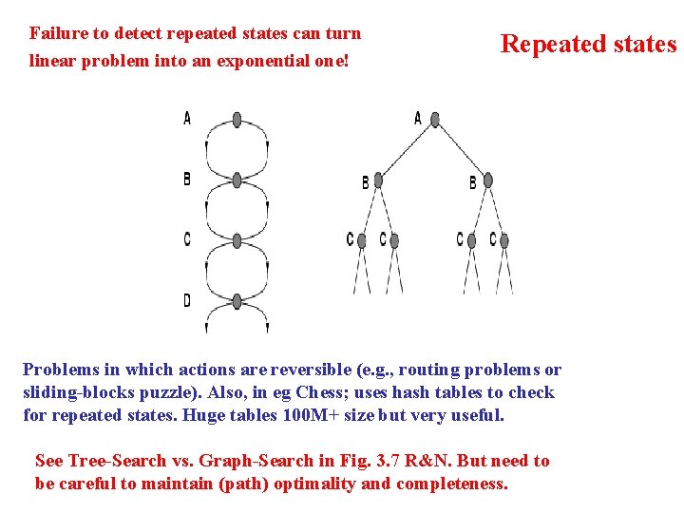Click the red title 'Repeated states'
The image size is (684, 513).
pyautogui.click(x=588, y=45)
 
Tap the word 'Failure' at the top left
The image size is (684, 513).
pyautogui.click(x=56, y=33)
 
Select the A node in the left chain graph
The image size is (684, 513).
pyautogui.click(x=237, y=120)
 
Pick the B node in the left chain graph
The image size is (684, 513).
pyautogui.click(x=237, y=180)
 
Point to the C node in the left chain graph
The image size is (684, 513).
pyautogui.click(x=237, y=239)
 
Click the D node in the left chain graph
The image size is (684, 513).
pyautogui.click(x=237, y=301)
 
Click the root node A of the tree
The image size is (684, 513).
pyautogui.click(x=435, y=120)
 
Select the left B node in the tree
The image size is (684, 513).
pyautogui.click(x=378, y=180)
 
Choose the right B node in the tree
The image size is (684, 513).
pyautogui.click(x=488, y=180)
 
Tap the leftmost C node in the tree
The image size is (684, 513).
pyautogui.click(x=362, y=240)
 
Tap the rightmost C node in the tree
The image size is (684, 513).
pyautogui.click(x=504, y=240)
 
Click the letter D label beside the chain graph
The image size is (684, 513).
pyautogui.click(x=187, y=301)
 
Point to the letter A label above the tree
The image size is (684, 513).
pyautogui.click(x=418, y=119)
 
